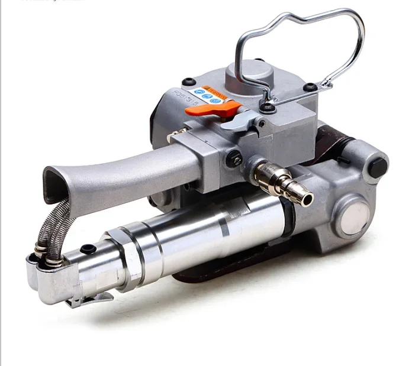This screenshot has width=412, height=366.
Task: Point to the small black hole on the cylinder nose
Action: click(x=88, y=249)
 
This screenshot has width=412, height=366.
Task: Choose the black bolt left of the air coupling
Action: click(x=235, y=158)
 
